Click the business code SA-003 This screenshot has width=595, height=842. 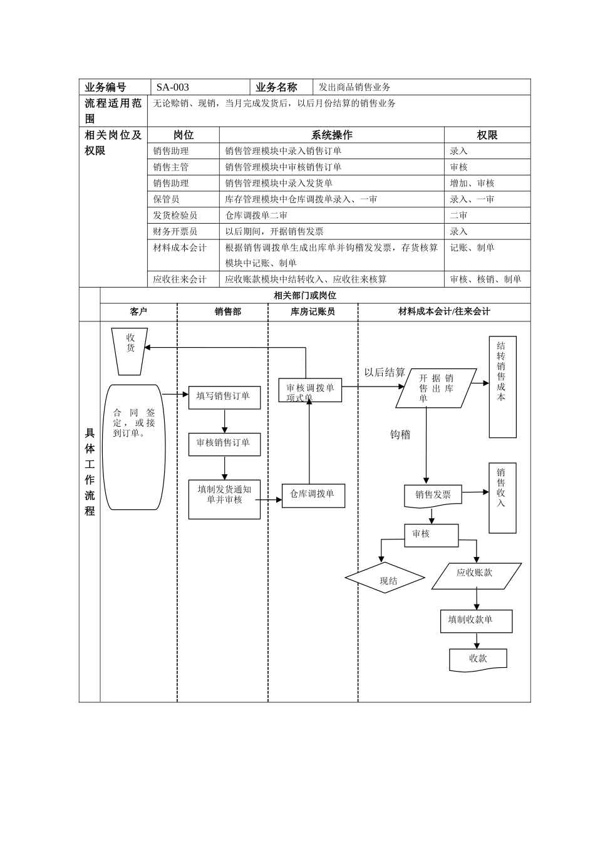click(173, 88)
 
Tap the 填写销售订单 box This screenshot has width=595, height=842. click(224, 397)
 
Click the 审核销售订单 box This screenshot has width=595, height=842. click(224, 444)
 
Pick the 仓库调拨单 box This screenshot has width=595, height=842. click(313, 495)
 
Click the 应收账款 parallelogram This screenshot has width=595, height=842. click(476, 575)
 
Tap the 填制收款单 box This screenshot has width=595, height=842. click(476, 620)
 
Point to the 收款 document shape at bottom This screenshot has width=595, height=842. click(478, 659)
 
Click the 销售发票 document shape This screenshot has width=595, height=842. click(433, 496)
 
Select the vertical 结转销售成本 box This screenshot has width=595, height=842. click(502, 386)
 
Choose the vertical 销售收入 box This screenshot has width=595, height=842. click(502, 497)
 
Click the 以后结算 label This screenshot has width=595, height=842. click(385, 373)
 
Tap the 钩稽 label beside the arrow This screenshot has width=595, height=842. click(400, 435)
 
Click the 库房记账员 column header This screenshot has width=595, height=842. click(313, 312)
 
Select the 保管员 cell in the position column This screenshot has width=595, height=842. click(167, 199)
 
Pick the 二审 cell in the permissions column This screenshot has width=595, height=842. click(458, 216)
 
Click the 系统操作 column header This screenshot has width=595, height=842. click(332, 135)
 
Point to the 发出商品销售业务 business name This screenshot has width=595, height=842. click(354, 88)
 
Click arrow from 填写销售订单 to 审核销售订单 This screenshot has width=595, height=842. click(224, 421)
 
